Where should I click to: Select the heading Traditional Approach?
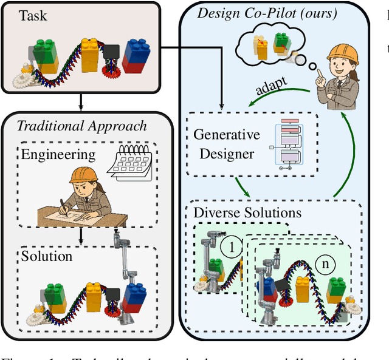tap(81, 126)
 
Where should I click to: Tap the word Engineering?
tap(58, 154)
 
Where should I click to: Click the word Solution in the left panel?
tap(47, 256)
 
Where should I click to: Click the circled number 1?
tap(232, 248)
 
